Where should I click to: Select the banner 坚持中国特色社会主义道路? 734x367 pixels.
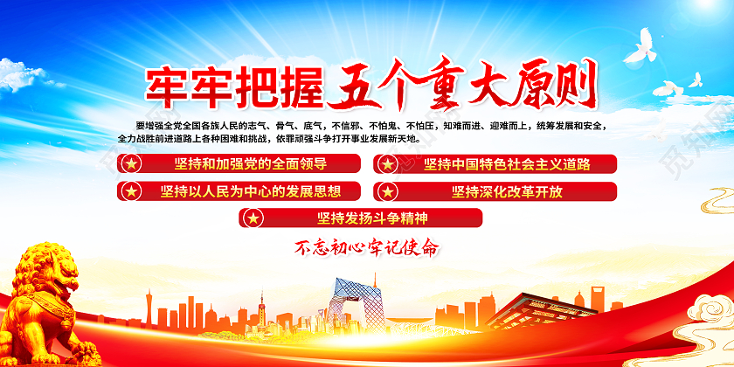point(495,163)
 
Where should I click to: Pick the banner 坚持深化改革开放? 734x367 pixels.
point(495,190)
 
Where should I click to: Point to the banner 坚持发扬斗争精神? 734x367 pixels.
point(360,217)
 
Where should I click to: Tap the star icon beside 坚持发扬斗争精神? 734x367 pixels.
point(253,218)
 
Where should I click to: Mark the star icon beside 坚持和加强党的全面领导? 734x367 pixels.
point(130,164)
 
